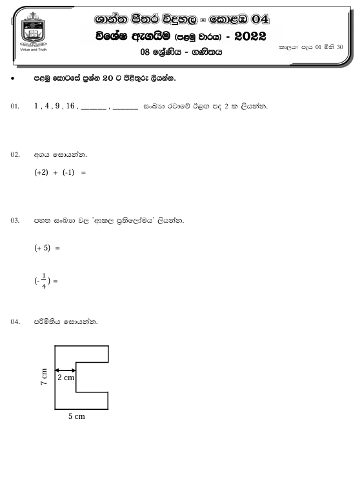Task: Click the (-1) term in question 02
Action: (x=70, y=174)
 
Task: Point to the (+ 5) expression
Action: (x=42, y=248)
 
